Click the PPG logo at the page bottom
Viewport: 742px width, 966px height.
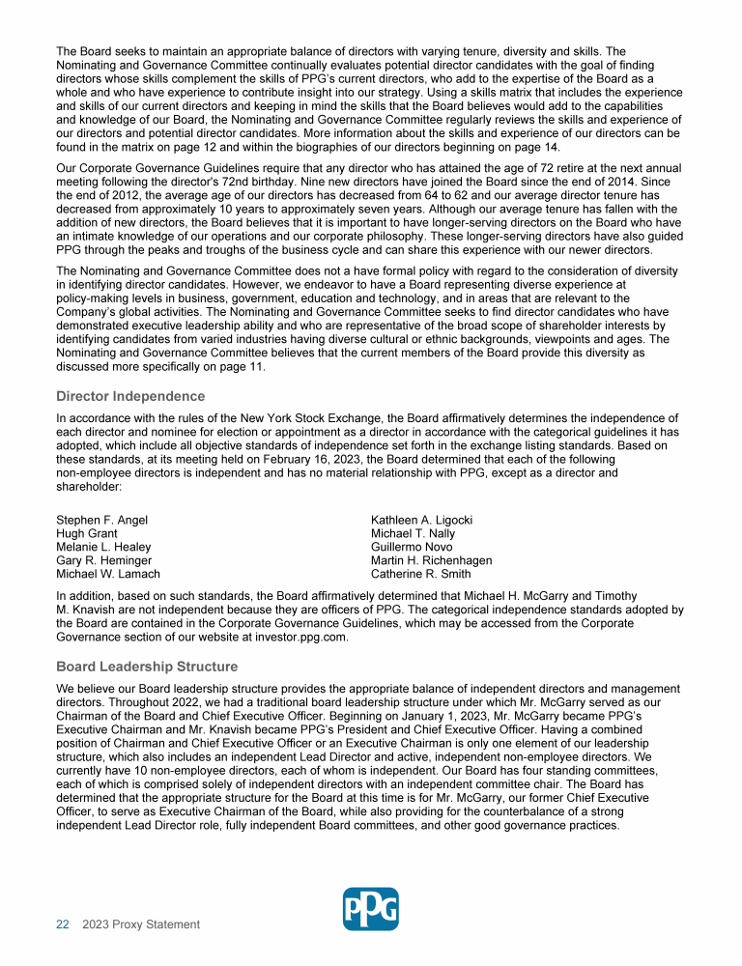click(371, 908)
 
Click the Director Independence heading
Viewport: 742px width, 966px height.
click(130, 396)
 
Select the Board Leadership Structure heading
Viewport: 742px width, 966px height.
click(147, 667)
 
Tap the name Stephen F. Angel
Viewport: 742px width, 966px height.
click(102, 520)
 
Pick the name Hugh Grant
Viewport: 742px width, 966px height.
click(87, 533)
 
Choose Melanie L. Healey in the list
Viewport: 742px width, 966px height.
click(103, 547)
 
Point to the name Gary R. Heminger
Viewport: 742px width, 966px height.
click(104, 560)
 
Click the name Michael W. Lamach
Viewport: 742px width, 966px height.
click(107, 574)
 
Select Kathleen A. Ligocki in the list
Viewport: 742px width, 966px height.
click(422, 520)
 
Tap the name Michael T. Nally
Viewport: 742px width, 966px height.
click(414, 533)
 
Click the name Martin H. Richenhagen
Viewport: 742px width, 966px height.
click(432, 560)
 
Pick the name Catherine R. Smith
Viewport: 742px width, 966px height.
click(421, 574)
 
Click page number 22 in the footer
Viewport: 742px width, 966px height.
click(63, 924)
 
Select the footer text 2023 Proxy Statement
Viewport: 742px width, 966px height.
click(141, 924)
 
